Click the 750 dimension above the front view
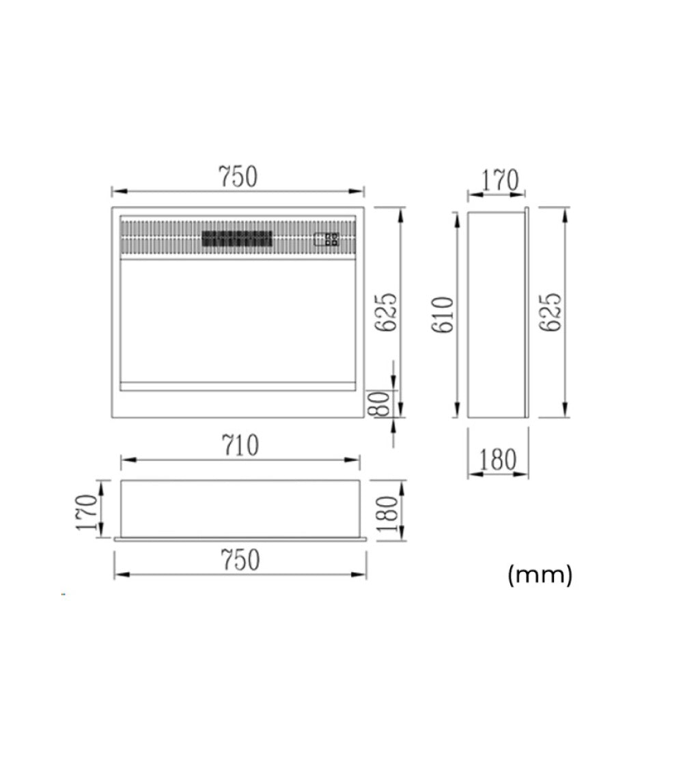click(238, 177)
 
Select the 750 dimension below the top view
click(240, 560)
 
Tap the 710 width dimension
click(240, 446)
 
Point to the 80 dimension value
click(382, 404)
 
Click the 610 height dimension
click(443, 315)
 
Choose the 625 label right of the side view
click(550, 313)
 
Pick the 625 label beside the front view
click(385, 313)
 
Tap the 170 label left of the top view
click(86, 512)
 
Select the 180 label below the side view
click(497, 460)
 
